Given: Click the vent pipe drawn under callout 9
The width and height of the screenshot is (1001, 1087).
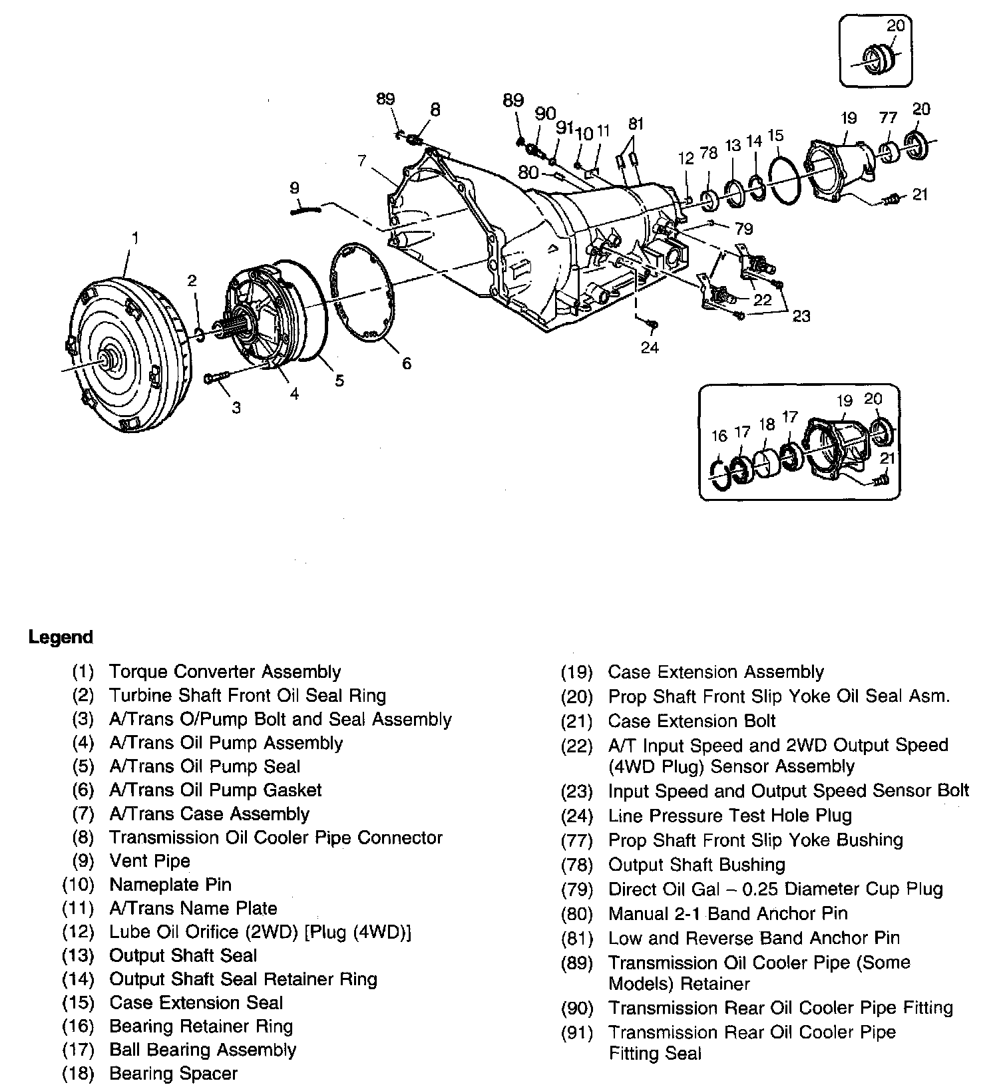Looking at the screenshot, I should coord(305,210).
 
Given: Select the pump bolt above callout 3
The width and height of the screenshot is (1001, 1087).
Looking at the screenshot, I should coord(217,378).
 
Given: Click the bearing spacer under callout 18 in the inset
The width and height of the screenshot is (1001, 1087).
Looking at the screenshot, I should coord(765,464).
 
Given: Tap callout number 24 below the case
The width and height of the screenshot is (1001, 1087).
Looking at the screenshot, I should coord(650,347).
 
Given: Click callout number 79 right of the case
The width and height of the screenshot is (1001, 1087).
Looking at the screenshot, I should coord(743,229).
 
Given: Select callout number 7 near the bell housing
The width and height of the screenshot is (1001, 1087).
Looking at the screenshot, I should coord(361,160).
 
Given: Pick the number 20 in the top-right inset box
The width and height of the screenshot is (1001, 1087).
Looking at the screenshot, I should coord(896,25).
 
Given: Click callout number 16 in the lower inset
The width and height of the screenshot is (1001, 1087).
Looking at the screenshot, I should coord(719,436).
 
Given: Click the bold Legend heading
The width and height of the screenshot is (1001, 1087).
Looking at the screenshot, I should coord(61,637).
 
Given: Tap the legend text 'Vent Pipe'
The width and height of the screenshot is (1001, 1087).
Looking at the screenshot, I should coord(150,861).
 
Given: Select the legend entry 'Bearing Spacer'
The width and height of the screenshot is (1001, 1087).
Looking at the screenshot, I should coord(173,1073).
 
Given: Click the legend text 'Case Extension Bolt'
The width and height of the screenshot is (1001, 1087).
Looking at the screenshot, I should coord(692,720).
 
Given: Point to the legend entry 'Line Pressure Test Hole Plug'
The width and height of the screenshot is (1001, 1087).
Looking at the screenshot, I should coord(729,815).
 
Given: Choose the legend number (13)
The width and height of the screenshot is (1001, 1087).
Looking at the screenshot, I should coord(79,955).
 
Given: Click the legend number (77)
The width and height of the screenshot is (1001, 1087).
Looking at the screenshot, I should coord(577,840).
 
